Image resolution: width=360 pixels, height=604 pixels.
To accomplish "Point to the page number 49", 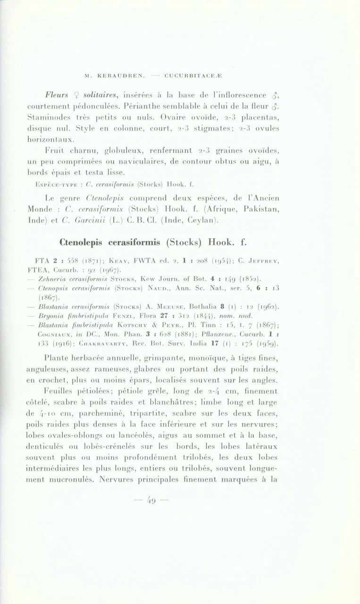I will (x=151, y=500).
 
